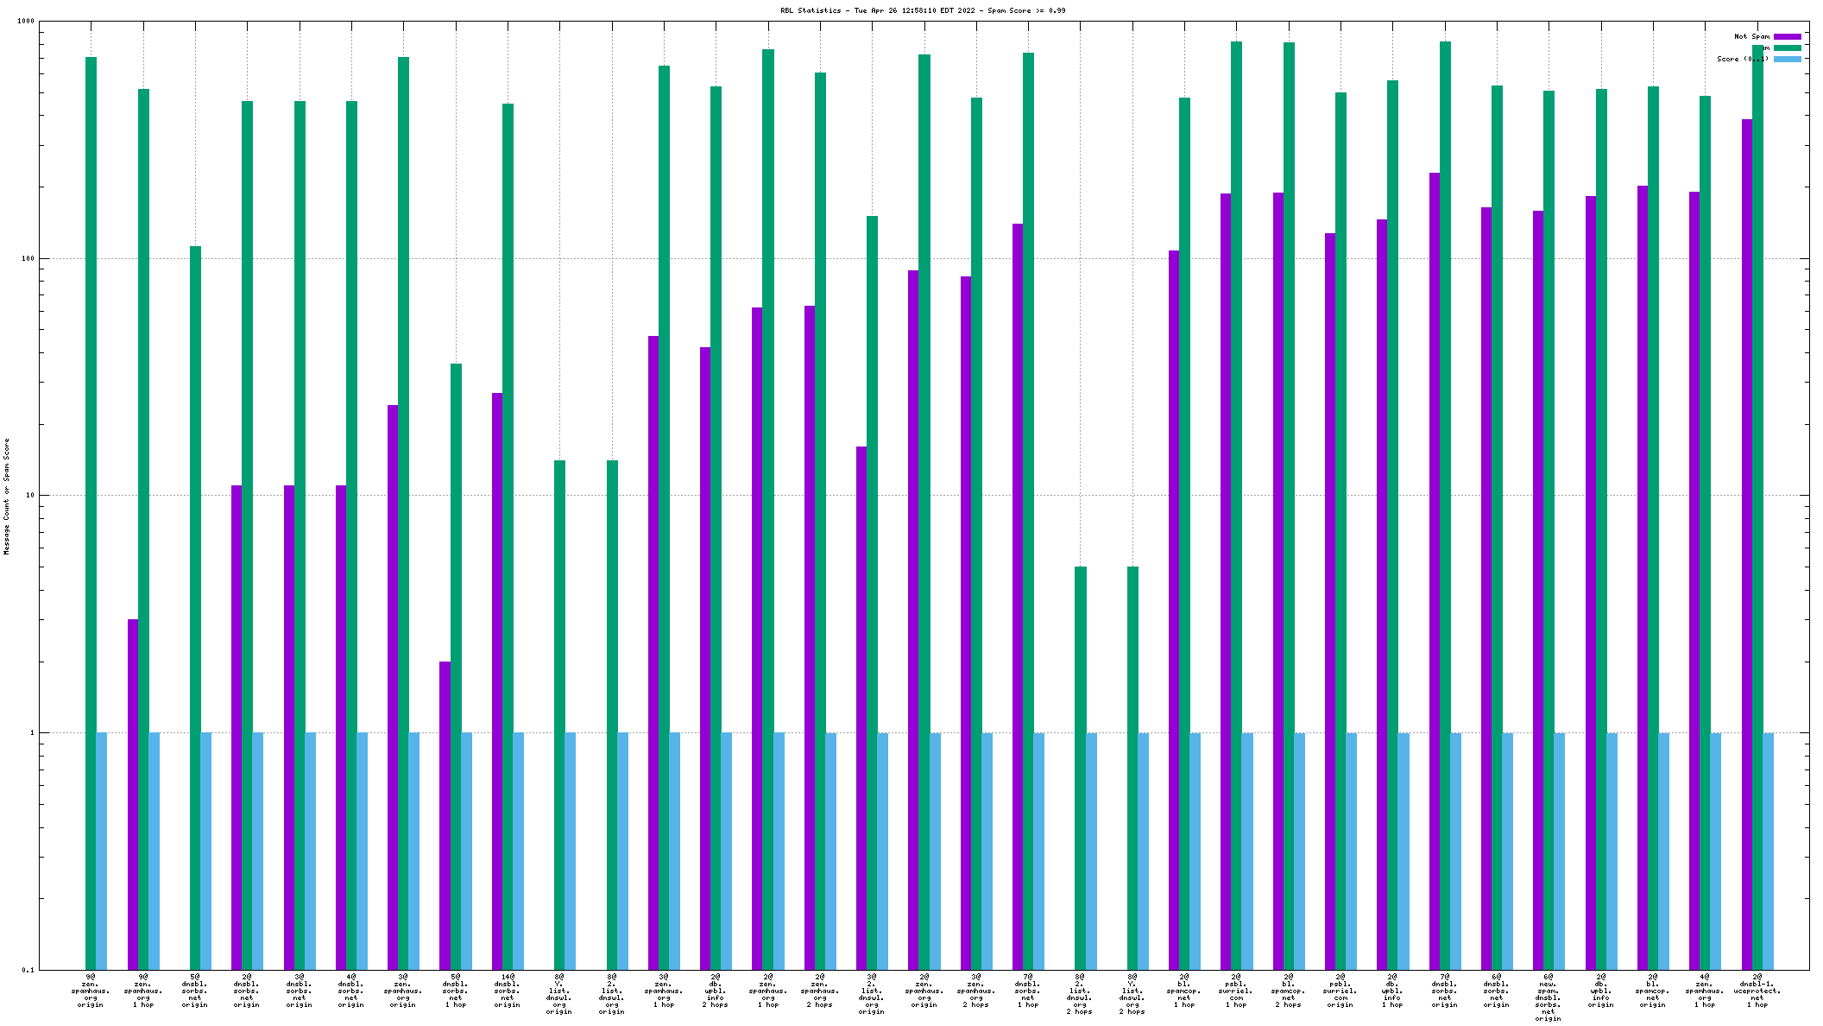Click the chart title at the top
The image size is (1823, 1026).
coord(923,10)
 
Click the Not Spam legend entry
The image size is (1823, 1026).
coord(1751,36)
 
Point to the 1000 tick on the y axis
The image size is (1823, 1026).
coord(25,22)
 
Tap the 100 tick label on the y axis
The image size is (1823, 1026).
coord(27,258)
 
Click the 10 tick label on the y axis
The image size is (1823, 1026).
coord(28,496)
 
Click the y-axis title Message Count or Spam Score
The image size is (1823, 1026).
coord(7,496)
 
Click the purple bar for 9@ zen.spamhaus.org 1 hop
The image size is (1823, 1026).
coord(133,794)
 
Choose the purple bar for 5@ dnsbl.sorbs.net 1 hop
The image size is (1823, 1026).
coord(445,815)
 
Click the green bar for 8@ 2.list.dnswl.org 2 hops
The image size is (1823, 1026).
coord(1080,768)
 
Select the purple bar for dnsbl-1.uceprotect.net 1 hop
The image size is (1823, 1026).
coord(1746,544)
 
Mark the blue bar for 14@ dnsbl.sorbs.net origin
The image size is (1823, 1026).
coord(518,851)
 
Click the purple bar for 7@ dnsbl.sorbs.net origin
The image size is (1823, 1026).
coord(1434,571)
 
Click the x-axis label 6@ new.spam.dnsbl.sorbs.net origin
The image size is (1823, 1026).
coord(1548,997)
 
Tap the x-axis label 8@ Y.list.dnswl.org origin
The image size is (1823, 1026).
coord(559,994)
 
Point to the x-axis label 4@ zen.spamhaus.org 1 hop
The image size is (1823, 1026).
coord(1704,991)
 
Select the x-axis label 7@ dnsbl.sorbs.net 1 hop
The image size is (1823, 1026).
coord(1027,991)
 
